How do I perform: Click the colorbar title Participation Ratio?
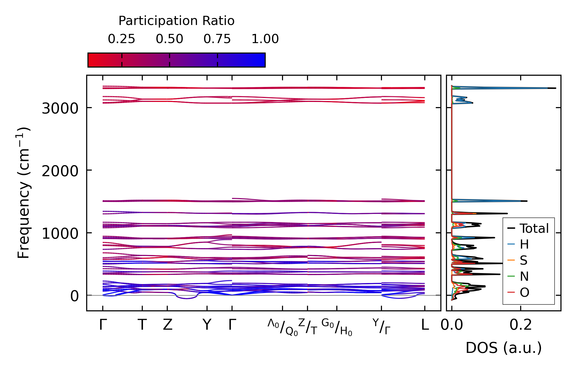click(176, 21)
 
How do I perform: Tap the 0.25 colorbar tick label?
click(121, 39)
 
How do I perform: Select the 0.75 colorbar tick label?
click(217, 39)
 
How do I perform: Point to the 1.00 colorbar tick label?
click(265, 39)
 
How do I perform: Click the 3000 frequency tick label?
click(60, 108)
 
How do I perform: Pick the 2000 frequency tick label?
click(60, 171)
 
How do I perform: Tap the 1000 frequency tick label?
click(60, 234)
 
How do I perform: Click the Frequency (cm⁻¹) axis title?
click(23, 193)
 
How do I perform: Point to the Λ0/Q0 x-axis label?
click(283, 327)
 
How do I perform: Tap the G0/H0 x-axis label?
click(337, 327)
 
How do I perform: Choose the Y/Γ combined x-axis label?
click(381, 326)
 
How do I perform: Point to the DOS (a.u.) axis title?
click(504, 348)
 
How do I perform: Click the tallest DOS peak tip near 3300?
click(555, 88)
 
